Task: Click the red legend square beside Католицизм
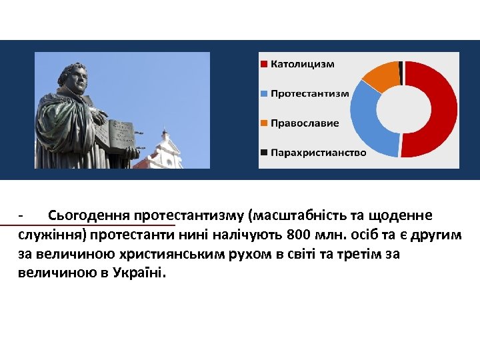pyautogui.click(x=265, y=64)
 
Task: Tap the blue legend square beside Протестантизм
pyautogui.click(x=265, y=93)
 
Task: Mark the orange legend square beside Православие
pyautogui.click(x=265, y=123)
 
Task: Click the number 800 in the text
pyautogui.click(x=298, y=235)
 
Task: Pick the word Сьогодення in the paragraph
pyautogui.click(x=89, y=216)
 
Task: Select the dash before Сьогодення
pyautogui.click(x=21, y=216)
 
